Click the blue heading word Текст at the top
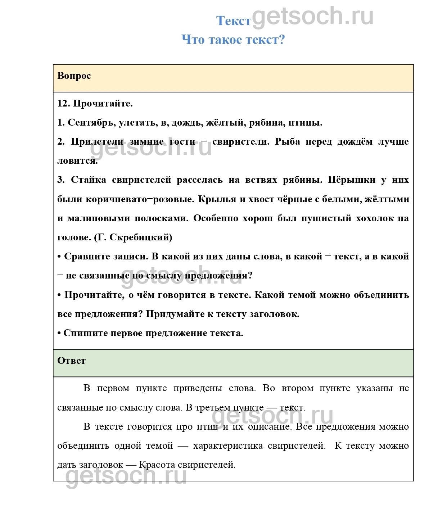pyautogui.click(x=233, y=21)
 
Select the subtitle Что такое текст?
pyautogui.click(x=233, y=40)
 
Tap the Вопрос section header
pyautogui.click(x=74, y=76)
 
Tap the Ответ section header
pyautogui.click(x=72, y=361)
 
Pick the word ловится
pyautogui.click(x=77, y=161)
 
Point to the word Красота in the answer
pyautogui.click(x=157, y=465)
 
